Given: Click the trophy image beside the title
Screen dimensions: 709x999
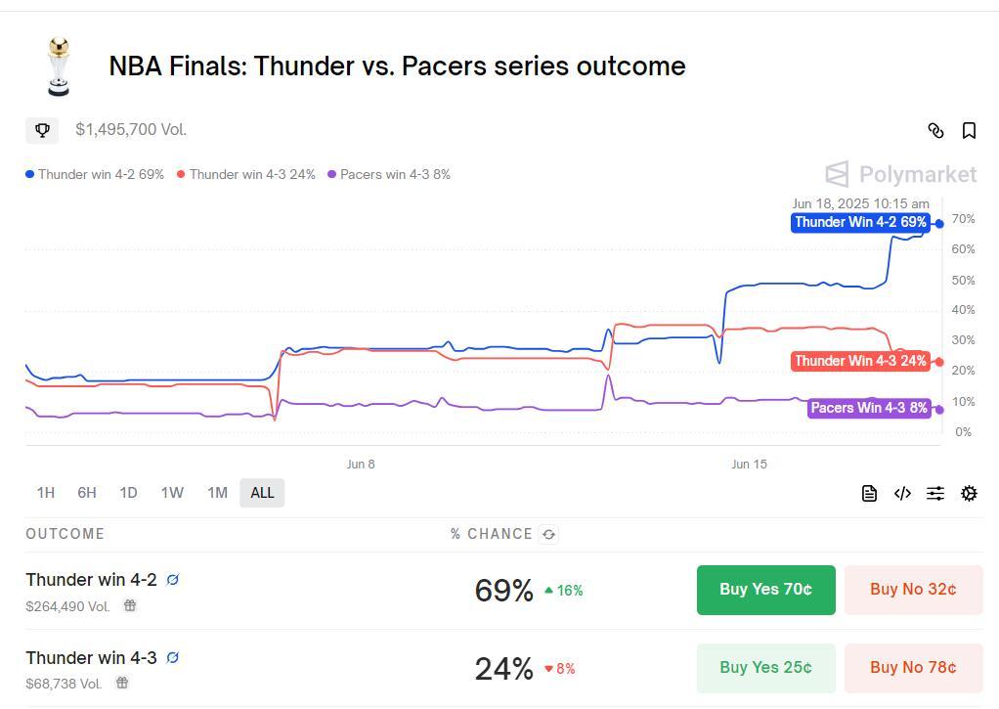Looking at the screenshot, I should point(59,66).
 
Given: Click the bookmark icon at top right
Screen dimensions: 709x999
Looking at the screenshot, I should point(969,130).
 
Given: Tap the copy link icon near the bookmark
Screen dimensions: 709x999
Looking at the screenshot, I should point(935,130).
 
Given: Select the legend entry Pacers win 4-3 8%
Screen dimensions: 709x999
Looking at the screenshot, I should point(389,175).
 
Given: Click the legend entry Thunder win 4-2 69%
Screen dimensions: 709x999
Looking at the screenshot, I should point(95,175).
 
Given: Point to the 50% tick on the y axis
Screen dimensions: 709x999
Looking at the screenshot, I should point(963,280).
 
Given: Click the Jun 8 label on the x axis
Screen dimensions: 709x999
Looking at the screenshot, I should point(361,465).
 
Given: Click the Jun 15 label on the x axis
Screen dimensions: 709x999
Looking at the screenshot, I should point(750,465).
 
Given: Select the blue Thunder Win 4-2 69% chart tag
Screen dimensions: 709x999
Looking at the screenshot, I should point(860,222).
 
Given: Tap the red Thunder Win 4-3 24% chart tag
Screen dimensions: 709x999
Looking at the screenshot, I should point(860,361).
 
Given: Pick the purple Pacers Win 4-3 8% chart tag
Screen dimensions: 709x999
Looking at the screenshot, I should point(869,408).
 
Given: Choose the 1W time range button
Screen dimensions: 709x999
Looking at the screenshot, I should point(172,493).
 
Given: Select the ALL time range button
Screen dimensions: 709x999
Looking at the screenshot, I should point(262,493).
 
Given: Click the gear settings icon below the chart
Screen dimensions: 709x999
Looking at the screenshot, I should point(969,494).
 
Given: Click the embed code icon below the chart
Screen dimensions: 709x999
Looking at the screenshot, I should point(902,494).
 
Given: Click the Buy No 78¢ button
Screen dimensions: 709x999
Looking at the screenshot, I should point(913,668).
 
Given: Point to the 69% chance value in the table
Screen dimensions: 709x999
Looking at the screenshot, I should point(503,591).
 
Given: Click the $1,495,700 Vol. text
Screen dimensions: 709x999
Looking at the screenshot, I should point(131,130).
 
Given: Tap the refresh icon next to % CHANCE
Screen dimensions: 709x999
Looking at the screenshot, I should point(549,534).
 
